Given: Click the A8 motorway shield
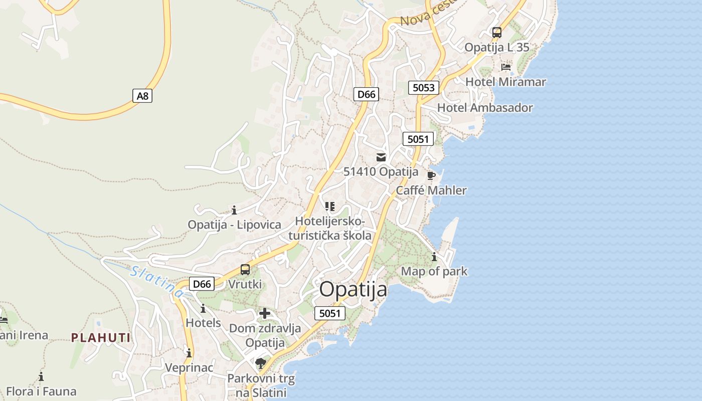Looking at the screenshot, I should [x=143, y=96].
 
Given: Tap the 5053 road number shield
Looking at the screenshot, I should [x=424, y=88].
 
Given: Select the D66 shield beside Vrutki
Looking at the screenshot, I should [x=202, y=284].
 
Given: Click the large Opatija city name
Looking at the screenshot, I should [x=354, y=290].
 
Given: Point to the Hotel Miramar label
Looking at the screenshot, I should [x=505, y=82].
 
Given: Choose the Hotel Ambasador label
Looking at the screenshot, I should [x=485, y=107].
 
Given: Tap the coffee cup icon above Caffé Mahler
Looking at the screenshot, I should [x=431, y=175].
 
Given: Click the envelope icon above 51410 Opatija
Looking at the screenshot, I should [x=381, y=157].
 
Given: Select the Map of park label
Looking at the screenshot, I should [x=434, y=271].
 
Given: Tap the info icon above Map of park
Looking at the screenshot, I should [x=434, y=257].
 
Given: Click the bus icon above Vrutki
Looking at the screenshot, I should [x=245, y=270].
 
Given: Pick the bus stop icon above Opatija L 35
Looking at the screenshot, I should [x=496, y=33].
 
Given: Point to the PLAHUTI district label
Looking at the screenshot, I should [x=101, y=337].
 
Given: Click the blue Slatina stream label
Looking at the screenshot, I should [x=156, y=282].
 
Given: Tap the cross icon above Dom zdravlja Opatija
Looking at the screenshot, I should [x=265, y=314].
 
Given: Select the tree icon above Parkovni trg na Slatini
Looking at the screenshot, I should [x=260, y=363].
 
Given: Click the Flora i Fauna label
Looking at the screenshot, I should [x=41, y=391].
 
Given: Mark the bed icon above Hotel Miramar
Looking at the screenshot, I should [x=505, y=67].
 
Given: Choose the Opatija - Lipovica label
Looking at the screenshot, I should [x=234, y=224].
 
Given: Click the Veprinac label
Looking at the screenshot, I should [x=189, y=367].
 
